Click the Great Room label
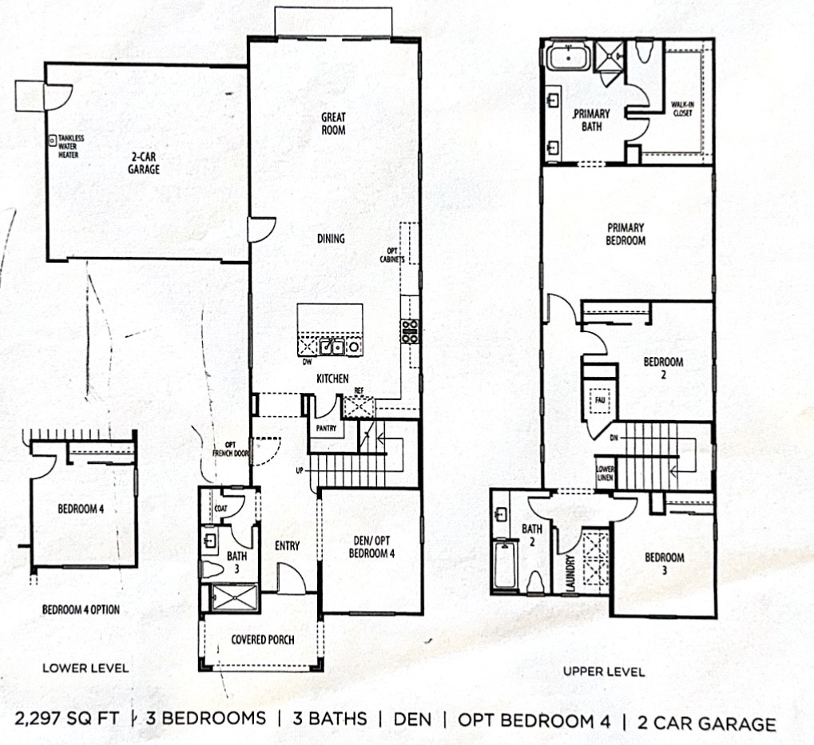point(333,123)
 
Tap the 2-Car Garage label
point(145,164)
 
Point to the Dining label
point(331,238)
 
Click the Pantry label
point(326,428)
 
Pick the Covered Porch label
point(262,640)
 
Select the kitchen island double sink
point(333,347)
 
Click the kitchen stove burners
point(410,331)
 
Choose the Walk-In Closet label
point(681,109)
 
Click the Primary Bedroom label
point(625,234)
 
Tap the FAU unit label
point(598,397)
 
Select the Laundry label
point(570,573)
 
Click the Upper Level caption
point(603,672)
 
